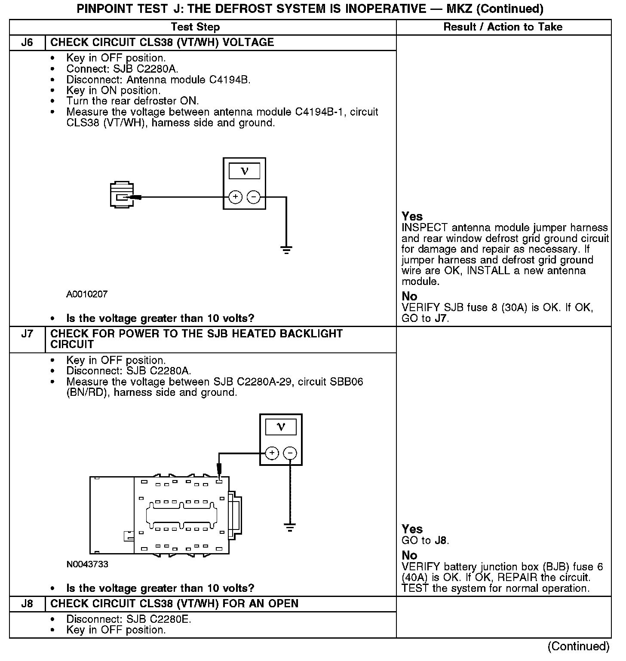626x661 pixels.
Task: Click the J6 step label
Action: click(x=27, y=43)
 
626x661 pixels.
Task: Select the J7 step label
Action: click(x=27, y=334)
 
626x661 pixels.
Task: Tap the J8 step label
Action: click(x=27, y=604)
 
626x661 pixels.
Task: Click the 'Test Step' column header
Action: click(x=195, y=27)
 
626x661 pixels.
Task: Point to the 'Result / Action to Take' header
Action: click(x=503, y=27)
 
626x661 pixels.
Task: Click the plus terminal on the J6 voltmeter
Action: click(x=235, y=197)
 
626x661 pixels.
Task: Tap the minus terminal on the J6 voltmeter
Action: click(x=254, y=197)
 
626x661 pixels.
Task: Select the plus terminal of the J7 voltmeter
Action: click(x=272, y=453)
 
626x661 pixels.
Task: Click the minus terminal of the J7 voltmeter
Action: click(x=290, y=453)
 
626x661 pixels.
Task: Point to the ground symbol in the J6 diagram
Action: click(x=286, y=250)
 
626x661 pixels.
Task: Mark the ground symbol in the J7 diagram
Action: click(x=290, y=527)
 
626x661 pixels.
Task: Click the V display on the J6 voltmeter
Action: click(x=244, y=171)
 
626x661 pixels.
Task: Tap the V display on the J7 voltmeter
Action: click(x=281, y=427)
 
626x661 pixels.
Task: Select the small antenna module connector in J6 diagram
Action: click(x=122, y=196)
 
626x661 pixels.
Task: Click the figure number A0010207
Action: click(x=87, y=294)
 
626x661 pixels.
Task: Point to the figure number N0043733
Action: click(x=87, y=564)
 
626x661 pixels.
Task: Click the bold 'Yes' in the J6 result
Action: click(x=412, y=216)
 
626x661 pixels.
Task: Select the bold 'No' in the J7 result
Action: click(x=409, y=555)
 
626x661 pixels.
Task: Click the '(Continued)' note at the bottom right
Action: click(x=578, y=646)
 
